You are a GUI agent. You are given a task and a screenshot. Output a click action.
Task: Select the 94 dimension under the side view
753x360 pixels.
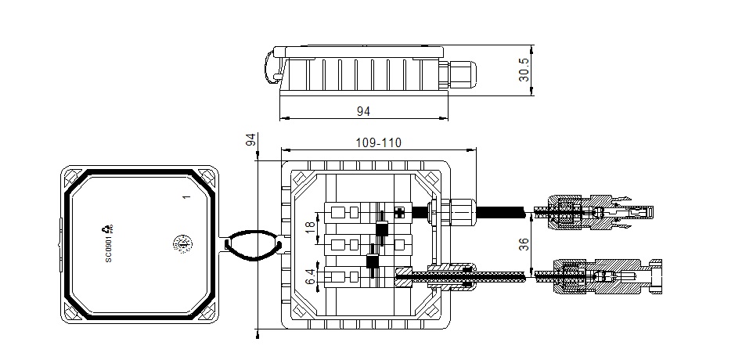click(x=362, y=112)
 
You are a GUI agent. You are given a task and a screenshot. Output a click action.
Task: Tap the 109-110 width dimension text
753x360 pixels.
click(x=379, y=144)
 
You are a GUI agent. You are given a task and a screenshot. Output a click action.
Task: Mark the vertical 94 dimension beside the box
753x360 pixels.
click(x=251, y=141)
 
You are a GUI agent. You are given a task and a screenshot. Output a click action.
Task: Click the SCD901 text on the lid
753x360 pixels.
click(x=109, y=250)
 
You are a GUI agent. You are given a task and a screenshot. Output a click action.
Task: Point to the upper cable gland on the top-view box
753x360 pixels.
click(x=454, y=210)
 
